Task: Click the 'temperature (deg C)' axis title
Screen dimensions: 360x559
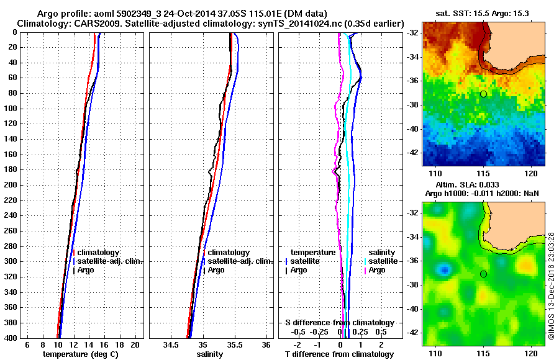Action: coord(80,354)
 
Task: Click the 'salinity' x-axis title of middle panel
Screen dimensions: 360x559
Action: coord(209,354)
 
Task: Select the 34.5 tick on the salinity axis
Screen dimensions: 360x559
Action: coord(171,344)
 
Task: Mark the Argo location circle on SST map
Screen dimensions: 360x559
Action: coord(483,94)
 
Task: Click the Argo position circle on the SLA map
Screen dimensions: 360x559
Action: coord(483,274)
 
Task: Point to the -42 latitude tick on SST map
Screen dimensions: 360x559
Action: coord(413,152)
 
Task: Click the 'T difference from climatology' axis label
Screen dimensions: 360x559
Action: coord(340,354)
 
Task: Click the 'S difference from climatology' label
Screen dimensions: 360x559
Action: coord(340,323)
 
